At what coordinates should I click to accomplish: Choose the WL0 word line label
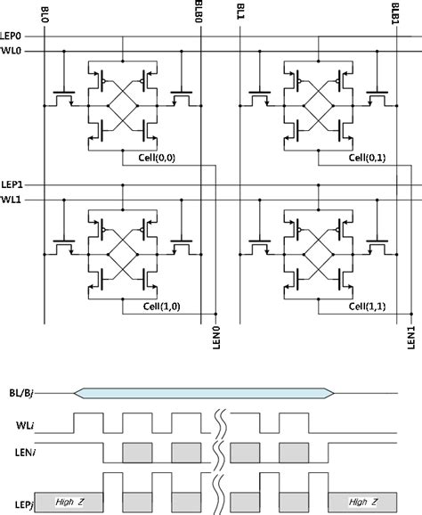tap(12, 51)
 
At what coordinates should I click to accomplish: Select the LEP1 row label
tap(13, 185)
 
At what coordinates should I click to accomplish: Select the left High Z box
tap(69, 502)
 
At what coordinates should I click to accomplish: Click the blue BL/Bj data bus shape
tap(205, 391)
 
